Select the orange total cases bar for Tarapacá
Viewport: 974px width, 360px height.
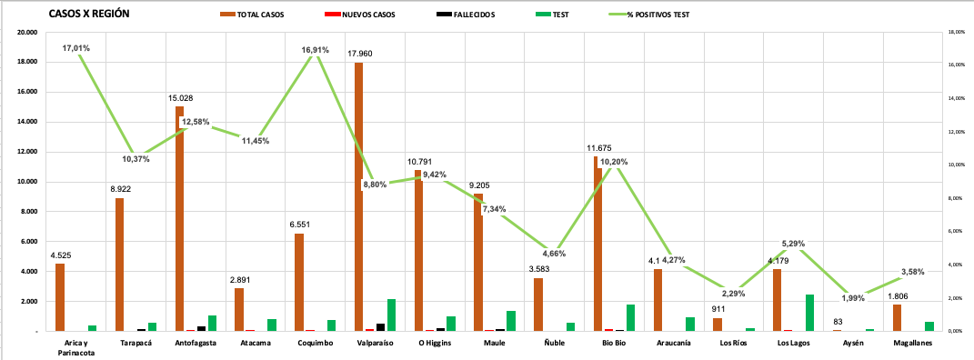click(x=120, y=264)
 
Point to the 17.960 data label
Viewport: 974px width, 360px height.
click(x=360, y=54)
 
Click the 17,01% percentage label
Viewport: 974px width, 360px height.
click(x=75, y=47)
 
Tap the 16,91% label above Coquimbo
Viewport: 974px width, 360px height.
click(x=314, y=49)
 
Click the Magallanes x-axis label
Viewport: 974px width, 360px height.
click(x=912, y=343)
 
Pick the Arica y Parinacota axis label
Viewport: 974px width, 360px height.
click(x=75, y=347)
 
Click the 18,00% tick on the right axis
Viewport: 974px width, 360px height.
click(x=955, y=32)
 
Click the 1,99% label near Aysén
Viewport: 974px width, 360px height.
click(x=854, y=298)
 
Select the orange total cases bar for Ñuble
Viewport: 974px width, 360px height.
click(x=538, y=305)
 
